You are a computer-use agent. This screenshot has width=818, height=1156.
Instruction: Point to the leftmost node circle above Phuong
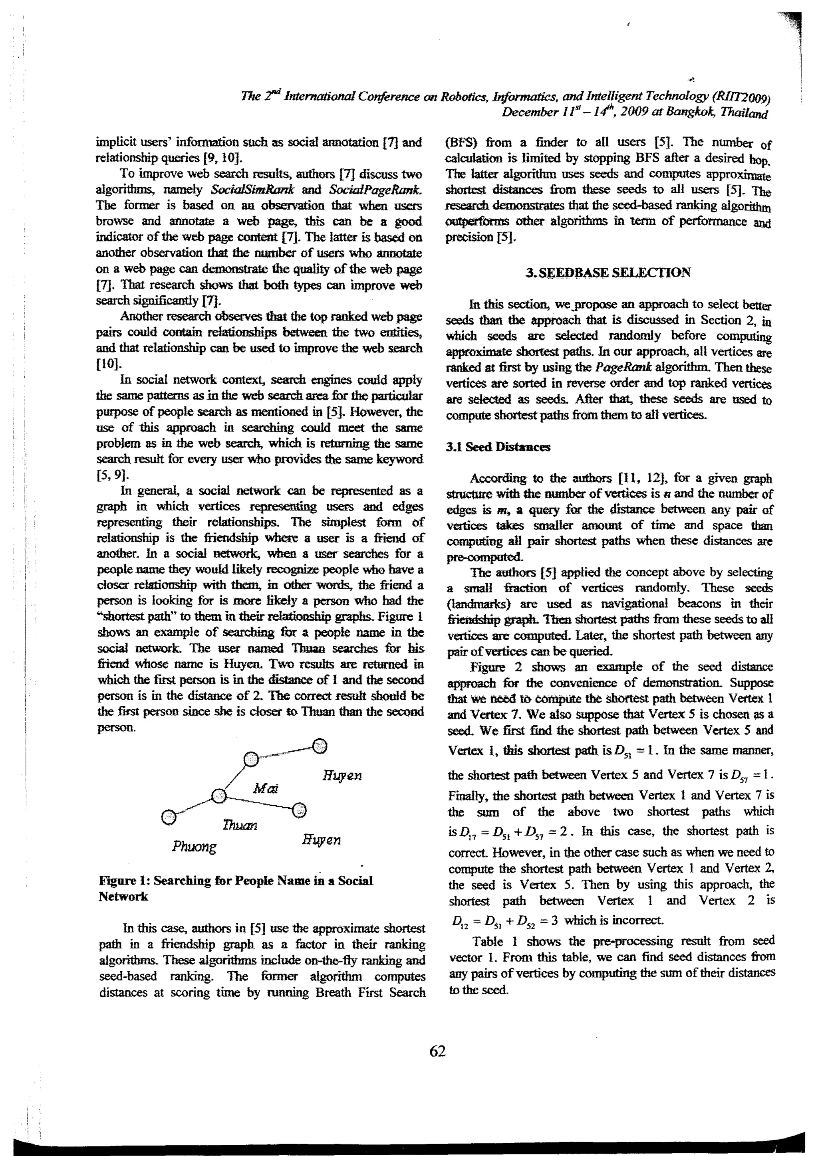(x=169, y=817)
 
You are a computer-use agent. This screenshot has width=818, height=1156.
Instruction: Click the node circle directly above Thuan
(x=218, y=796)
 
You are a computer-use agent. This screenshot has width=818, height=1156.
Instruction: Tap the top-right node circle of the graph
(x=320, y=746)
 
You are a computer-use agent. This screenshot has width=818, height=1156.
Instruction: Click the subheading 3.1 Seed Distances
(x=498, y=447)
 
